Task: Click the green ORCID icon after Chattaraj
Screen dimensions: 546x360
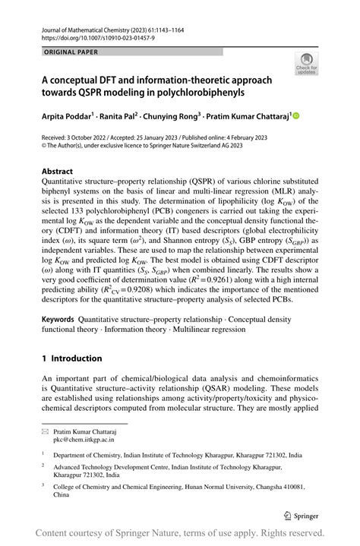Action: point(296,115)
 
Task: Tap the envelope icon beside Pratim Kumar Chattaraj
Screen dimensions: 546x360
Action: point(46,430)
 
